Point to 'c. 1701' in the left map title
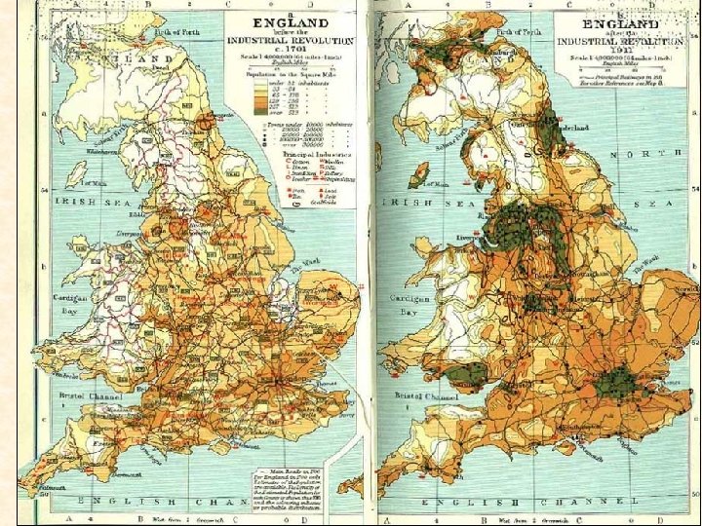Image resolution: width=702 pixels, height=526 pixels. pyautogui.click(x=290, y=52)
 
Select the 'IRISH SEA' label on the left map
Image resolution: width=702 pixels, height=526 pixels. pyautogui.click(x=95, y=199)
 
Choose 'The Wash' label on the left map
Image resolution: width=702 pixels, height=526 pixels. pyautogui.click(x=298, y=270)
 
